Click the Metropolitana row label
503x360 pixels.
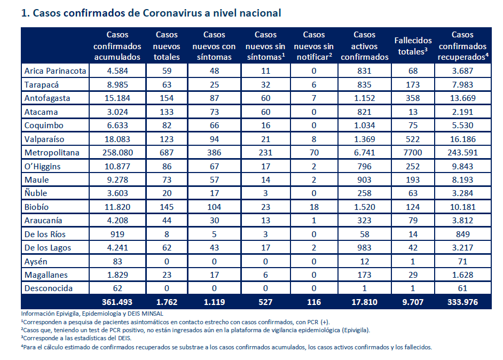click(52, 153)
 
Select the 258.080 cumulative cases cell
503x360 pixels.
click(117, 153)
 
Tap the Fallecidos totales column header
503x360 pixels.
click(413, 46)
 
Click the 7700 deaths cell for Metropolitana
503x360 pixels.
click(413, 153)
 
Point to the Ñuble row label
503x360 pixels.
click(36, 193)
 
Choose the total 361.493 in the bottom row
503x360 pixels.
click(117, 302)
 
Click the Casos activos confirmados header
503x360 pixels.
click(364, 46)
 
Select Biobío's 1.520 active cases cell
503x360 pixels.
click(364, 207)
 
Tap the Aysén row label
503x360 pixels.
click(36, 262)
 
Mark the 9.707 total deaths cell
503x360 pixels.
click(413, 302)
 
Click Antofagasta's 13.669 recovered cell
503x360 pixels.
click(462, 98)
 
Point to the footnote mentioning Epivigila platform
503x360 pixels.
click(195, 330)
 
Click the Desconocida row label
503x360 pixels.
click(49, 288)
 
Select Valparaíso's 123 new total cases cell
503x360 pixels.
click(167, 139)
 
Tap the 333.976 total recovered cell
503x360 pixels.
click(462, 302)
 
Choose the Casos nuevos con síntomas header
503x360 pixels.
click(214, 46)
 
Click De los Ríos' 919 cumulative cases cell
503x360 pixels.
click(117, 234)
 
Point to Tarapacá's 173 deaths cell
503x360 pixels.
click(413, 85)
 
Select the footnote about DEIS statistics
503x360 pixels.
click(76, 338)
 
